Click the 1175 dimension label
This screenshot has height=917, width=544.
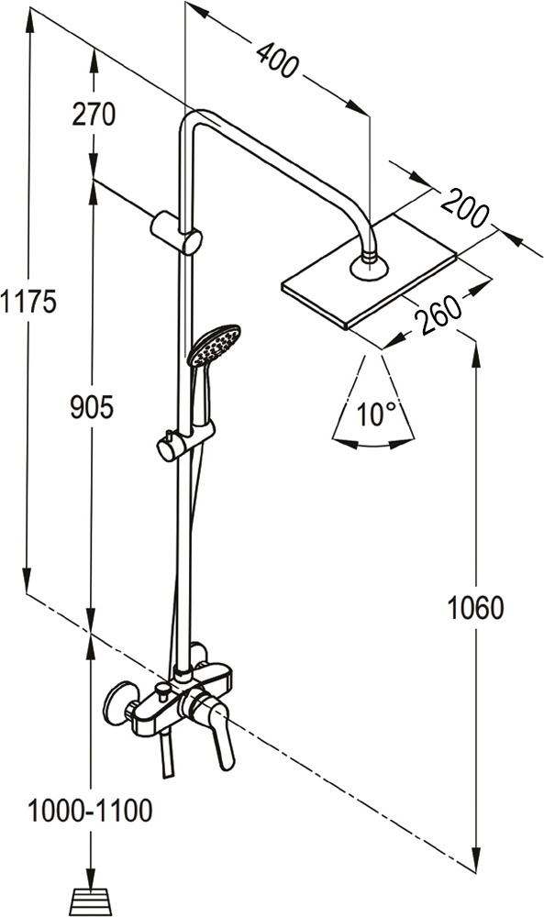tap(28, 302)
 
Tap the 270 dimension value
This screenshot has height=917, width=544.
tap(94, 114)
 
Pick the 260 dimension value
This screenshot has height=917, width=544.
tap(439, 314)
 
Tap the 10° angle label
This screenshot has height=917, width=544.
tap(376, 414)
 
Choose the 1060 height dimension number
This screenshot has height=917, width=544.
tap(475, 608)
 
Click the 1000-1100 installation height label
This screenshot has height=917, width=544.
tap(90, 811)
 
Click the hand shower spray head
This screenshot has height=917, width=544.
tap(214, 345)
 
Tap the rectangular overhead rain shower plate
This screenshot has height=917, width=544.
tap(369, 271)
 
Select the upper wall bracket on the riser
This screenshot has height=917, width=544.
tap(176, 233)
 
